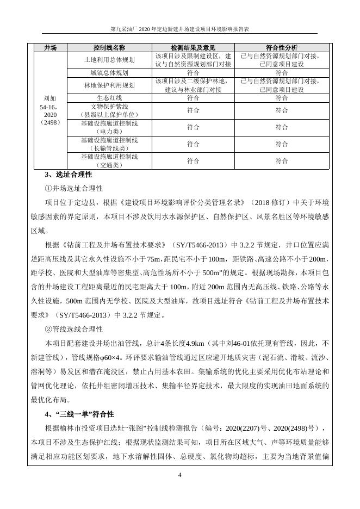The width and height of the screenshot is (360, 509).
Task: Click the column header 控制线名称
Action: click(109, 48)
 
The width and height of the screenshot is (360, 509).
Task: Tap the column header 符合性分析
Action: click(281, 48)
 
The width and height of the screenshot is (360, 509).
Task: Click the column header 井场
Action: click(51, 48)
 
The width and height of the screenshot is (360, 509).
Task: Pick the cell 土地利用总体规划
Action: click(109, 60)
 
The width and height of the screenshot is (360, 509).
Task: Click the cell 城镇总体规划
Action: click(109, 72)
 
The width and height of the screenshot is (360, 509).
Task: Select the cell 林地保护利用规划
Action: click(109, 85)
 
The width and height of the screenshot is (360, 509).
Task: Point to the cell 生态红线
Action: click(109, 98)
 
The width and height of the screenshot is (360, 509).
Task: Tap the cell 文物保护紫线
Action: click(109, 110)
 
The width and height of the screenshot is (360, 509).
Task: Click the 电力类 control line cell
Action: click(109, 127)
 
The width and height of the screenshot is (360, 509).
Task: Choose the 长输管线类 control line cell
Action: click(109, 144)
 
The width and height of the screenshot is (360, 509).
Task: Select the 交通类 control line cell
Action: click(109, 160)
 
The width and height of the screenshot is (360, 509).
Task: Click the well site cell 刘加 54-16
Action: click(51, 110)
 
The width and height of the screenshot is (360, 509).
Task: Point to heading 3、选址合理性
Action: click(68, 175)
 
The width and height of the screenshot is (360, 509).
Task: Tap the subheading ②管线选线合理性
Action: click(73, 330)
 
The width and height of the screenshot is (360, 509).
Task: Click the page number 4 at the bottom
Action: click(180, 475)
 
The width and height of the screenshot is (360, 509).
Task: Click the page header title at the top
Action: click(179, 28)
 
